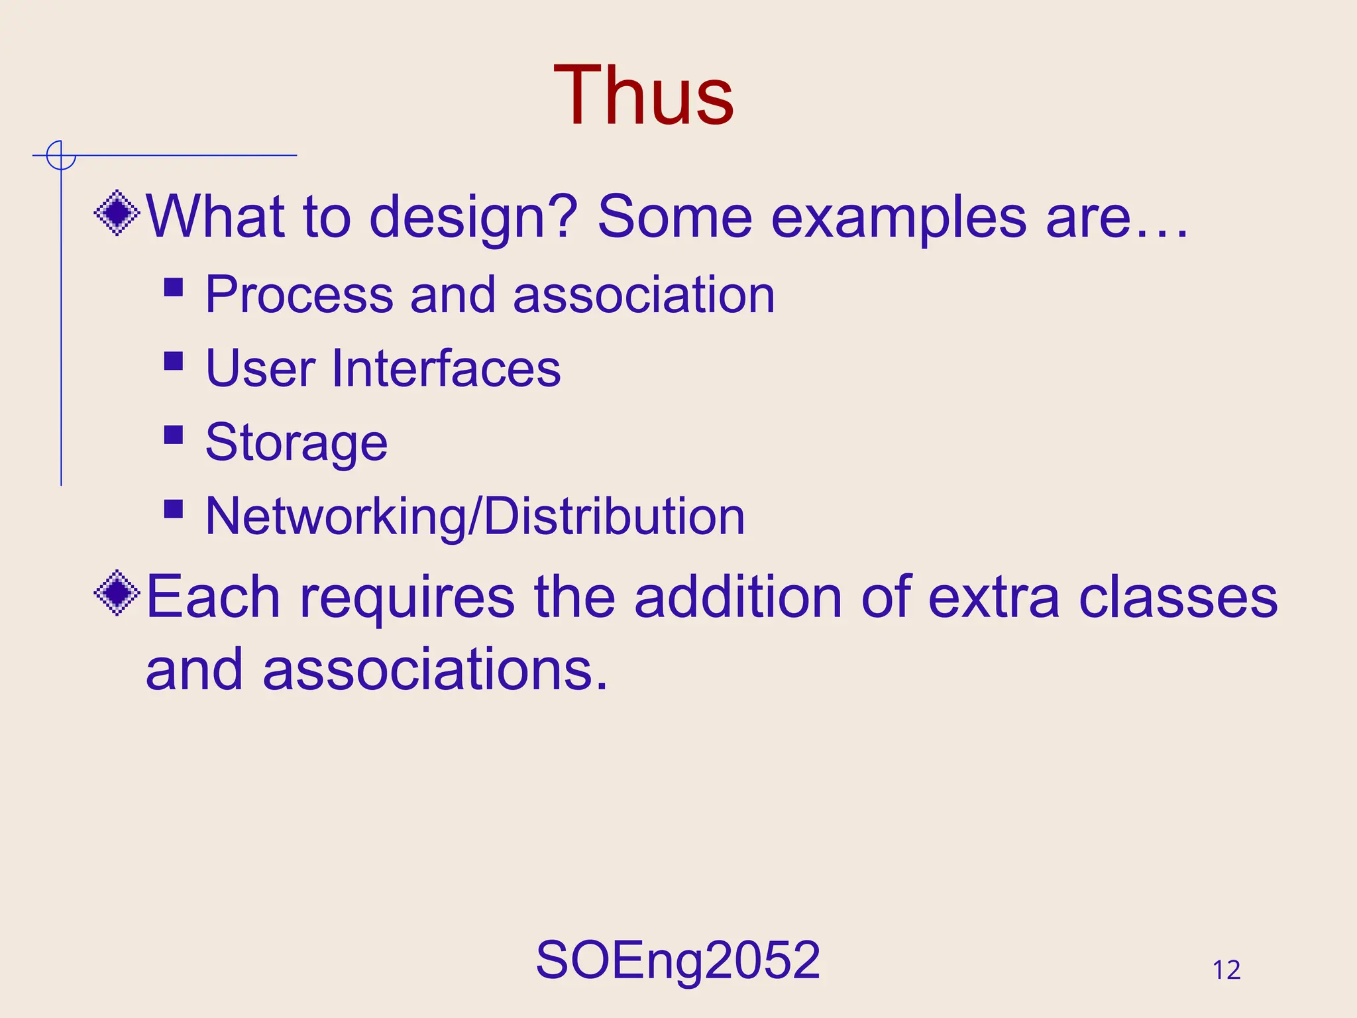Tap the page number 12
[1226, 970]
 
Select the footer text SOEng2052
[678, 960]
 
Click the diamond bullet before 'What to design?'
[117, 213]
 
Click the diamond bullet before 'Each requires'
[117, 593]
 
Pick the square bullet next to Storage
[174, 435]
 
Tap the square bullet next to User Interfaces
[174, 361]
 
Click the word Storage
[296, 443]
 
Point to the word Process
[299, 294]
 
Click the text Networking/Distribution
[475, 516]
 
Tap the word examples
[898, 218]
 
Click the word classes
[1178, 597]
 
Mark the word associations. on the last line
[435, 670]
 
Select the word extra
[994, 597]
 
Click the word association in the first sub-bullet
[643, 294]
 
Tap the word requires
[407, 598]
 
